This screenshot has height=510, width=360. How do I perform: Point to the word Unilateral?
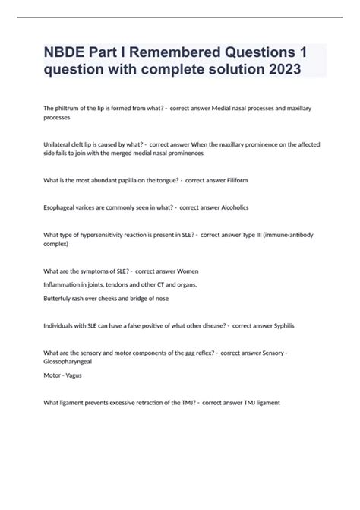pos(60,143)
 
